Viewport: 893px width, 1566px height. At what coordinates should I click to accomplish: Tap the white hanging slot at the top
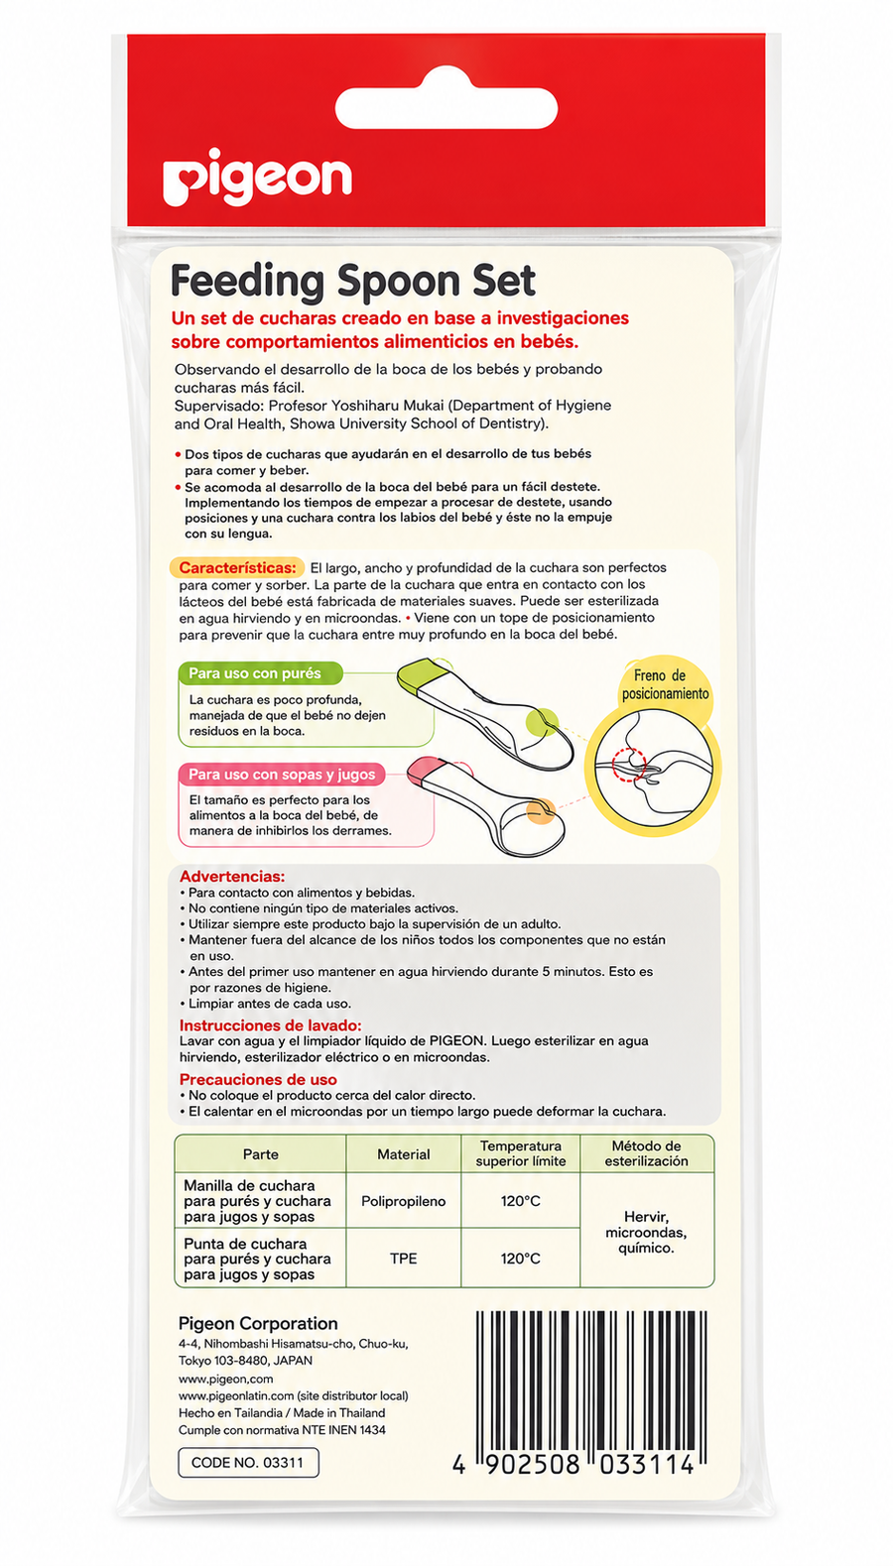(x=446, y=108)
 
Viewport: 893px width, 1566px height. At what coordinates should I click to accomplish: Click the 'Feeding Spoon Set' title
(x=352, y=282)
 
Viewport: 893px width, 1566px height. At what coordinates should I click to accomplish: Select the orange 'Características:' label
(x=236, y=567)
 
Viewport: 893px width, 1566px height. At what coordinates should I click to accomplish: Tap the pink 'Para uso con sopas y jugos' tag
(x=281, y=774)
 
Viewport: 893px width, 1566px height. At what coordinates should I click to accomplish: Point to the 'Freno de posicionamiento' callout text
(x=666, y=684)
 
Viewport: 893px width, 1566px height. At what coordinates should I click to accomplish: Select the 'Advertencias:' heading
(x=232, y=876)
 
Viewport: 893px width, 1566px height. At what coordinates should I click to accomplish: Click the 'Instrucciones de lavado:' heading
(x=271, y=1025)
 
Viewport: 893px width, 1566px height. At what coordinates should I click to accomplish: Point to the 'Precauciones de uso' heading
(x=258, y=1079)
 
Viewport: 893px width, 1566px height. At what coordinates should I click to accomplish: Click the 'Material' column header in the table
(x=404, y=1154)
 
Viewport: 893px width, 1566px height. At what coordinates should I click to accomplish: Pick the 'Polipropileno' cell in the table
(x=404, y=1201)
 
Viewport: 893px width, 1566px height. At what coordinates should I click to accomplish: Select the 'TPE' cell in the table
(x=404, y=1259)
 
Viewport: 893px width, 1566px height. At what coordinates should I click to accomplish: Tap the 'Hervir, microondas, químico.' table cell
(x=646, y=1232)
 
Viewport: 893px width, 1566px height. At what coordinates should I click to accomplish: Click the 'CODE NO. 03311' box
(x=248, y=1463)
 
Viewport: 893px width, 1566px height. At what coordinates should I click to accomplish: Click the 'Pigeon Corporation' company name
(x=258, y=1323)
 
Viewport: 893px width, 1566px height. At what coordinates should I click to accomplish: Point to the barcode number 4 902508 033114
(x=574, y=1465)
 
